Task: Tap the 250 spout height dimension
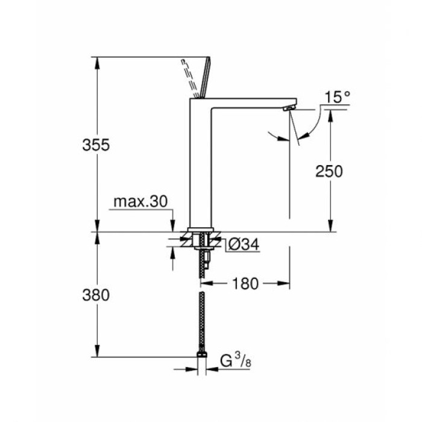coord(329,171)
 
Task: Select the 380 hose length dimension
coord(96,295)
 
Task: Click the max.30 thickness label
coord(140,202)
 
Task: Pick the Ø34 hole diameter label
coord(244,244)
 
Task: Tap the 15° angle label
coord(336,96)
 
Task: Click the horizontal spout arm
coord(253,103)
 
